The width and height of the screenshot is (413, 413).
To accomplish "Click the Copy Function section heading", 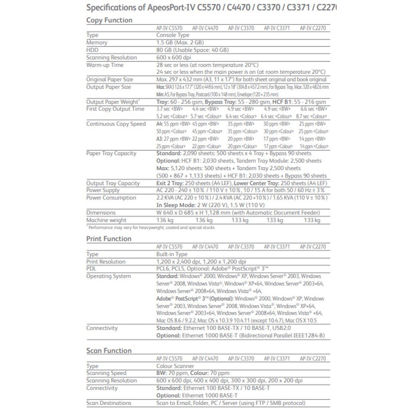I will [109, 20].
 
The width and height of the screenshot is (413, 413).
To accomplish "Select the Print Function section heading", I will [109, 239].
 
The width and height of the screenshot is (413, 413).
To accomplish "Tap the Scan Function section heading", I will [109, 351].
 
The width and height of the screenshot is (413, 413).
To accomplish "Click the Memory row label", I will [97, 42].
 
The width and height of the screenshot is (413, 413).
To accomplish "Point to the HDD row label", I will [92, 50].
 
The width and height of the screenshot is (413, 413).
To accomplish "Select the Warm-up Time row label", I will [104, 65].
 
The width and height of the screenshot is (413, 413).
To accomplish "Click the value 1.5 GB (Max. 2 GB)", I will [180, 42].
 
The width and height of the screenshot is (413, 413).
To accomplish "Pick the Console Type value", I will [173, 35].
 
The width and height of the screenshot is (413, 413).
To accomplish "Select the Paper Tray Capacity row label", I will [111, 153].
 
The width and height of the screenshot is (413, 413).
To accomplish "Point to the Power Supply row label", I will [103, 190].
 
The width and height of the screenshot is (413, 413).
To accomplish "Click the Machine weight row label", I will [106, 220].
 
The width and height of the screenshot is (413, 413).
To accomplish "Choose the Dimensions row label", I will [101, 213].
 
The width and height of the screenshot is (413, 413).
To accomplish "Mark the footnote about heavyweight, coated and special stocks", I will [151, 227].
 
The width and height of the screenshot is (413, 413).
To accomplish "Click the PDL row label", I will [91, 269].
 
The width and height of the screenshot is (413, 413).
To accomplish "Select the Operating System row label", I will [109, 276].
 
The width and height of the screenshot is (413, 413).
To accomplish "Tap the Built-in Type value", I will [172, 254].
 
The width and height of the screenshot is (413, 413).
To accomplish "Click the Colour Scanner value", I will [175, 366].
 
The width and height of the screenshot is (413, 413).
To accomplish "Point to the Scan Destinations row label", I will [109, 403].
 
